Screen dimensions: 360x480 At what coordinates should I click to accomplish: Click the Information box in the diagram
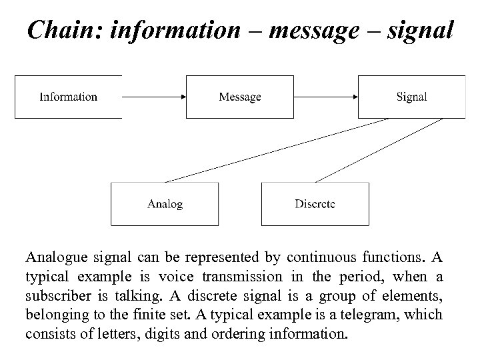point(69,97)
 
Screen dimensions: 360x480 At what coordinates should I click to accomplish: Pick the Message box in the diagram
point(240,97)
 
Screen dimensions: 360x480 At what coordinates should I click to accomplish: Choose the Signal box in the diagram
point(411,97)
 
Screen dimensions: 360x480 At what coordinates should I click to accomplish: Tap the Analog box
point(165,203)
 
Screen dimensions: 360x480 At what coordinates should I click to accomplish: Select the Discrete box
point(315,203)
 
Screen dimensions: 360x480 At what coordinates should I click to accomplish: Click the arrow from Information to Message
point(153,97)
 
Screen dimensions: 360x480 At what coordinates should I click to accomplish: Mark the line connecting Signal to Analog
point(277,150)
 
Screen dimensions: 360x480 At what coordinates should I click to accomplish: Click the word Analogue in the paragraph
point(54,257)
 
